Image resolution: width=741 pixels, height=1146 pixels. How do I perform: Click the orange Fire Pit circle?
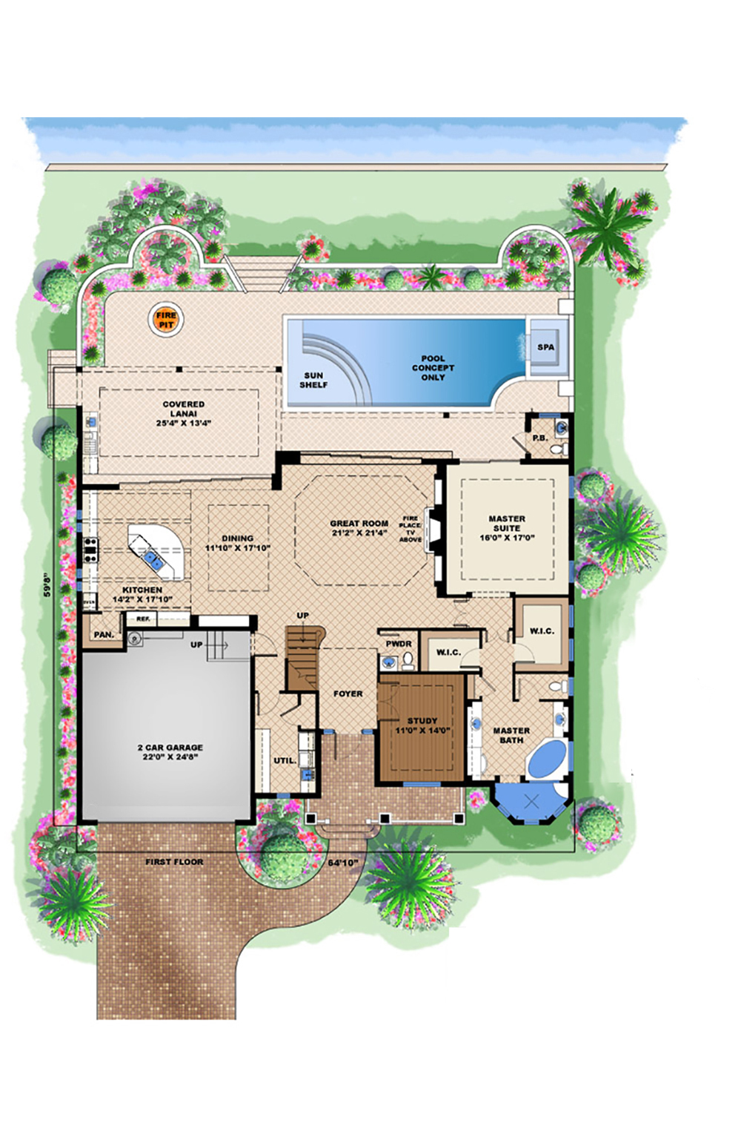tap(167, 320)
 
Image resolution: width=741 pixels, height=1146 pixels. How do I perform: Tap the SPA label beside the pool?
tap(545, 347)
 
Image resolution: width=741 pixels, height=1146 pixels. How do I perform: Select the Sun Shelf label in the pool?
tap(313, 381)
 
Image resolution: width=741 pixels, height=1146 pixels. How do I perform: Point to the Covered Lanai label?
tap(184, 409)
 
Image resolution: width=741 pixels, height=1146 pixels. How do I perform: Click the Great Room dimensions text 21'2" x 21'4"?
tap(359, 533)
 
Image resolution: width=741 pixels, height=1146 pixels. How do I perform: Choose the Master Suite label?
tap(507, 524)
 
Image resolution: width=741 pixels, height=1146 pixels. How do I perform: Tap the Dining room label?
tap(237, 539)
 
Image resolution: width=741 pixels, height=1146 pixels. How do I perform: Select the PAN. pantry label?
tap(104, 635)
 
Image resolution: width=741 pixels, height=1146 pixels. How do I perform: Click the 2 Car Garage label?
tap(170, 748)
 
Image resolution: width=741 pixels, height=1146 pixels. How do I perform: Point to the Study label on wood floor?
tap(422, 721)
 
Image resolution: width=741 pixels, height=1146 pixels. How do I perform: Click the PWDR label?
tap(398, 644)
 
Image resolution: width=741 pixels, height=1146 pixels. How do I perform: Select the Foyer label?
tap(348, 694)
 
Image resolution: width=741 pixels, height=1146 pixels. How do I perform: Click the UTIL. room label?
tap(285, 761)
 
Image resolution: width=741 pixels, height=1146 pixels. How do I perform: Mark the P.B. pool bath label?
tap(540, 438)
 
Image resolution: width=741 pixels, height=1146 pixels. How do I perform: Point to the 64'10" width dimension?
tap(343, 863)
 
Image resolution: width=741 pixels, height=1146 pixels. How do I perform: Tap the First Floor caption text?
tap(174, 862)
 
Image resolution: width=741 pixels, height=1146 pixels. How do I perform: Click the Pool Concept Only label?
tap(433, 368)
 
